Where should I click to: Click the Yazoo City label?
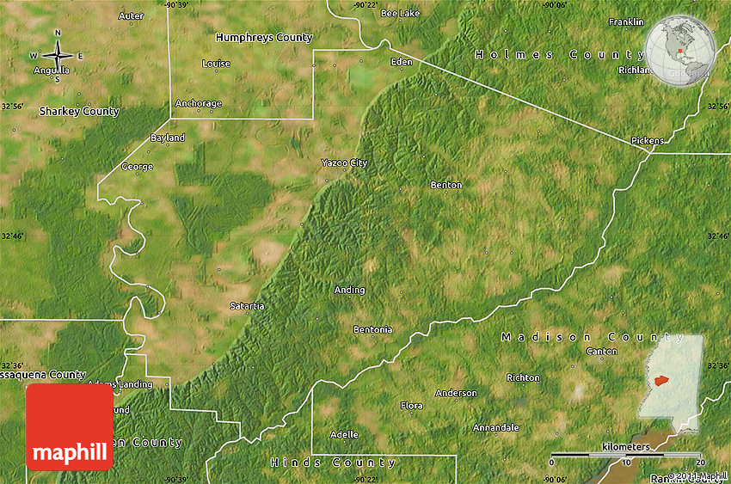[344, 162]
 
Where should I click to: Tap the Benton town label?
[445, 185]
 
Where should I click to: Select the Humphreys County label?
[264, 38]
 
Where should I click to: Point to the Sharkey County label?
[79, 112]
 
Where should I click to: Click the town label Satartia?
[247, 306]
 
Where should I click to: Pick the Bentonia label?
[372, 329]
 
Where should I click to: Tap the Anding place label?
[349, 290]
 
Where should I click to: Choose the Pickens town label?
[647, 139]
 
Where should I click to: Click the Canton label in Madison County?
[601, 351]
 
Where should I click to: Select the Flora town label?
[412, 405]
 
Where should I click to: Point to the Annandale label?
[495, 427]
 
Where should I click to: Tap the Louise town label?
[216, 64]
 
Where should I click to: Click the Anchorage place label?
[199, 103]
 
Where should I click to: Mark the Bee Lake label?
[400, 14]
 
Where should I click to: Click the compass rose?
[58, 57]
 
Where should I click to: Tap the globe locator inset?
[680, 51]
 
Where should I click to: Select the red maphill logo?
[70, 426]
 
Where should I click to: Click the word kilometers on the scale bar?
[626, 447]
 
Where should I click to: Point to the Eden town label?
[402, 62]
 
